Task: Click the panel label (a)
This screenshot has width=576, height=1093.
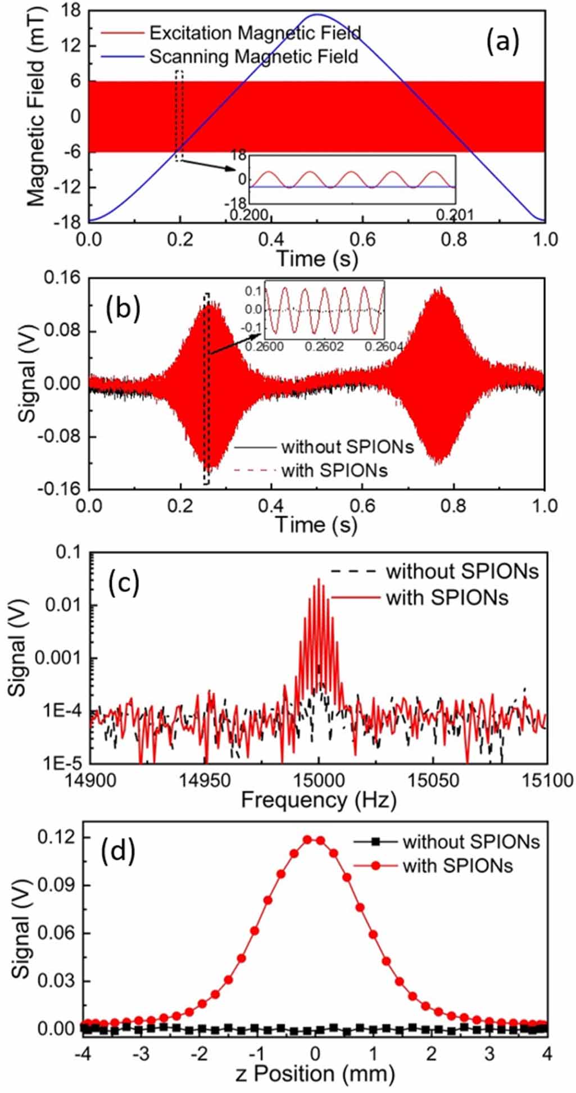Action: point(502,42)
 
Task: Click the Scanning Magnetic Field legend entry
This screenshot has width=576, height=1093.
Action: point(253,57)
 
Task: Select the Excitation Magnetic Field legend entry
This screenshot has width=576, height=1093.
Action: point(255,33)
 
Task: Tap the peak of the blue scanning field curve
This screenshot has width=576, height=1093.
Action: point(317,15)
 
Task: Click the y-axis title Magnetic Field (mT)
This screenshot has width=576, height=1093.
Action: point(35,116)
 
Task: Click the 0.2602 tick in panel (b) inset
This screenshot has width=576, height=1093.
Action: point(325,347)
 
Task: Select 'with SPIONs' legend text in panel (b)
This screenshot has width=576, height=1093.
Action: point(334,470)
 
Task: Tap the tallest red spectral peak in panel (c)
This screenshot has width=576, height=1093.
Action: point(319,579)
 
